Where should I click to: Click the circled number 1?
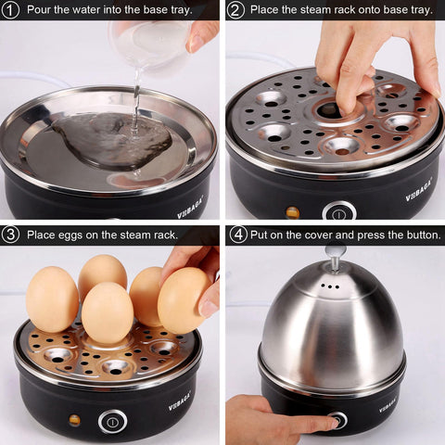click(x=10, y=10)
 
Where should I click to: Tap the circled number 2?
click(x=236, y=10)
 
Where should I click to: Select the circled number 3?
click(x=10, y=235)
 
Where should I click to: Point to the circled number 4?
click(x=237, y=235)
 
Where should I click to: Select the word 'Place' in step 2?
click(x=268, y=10)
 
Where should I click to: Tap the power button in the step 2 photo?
click(x=339, y=211)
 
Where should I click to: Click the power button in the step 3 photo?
click(x=112, y=421)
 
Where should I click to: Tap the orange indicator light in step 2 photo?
click(x=294, y=211)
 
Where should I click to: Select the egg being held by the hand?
click(x=183, y=299)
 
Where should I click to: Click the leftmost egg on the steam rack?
click(x=52, y=299)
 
